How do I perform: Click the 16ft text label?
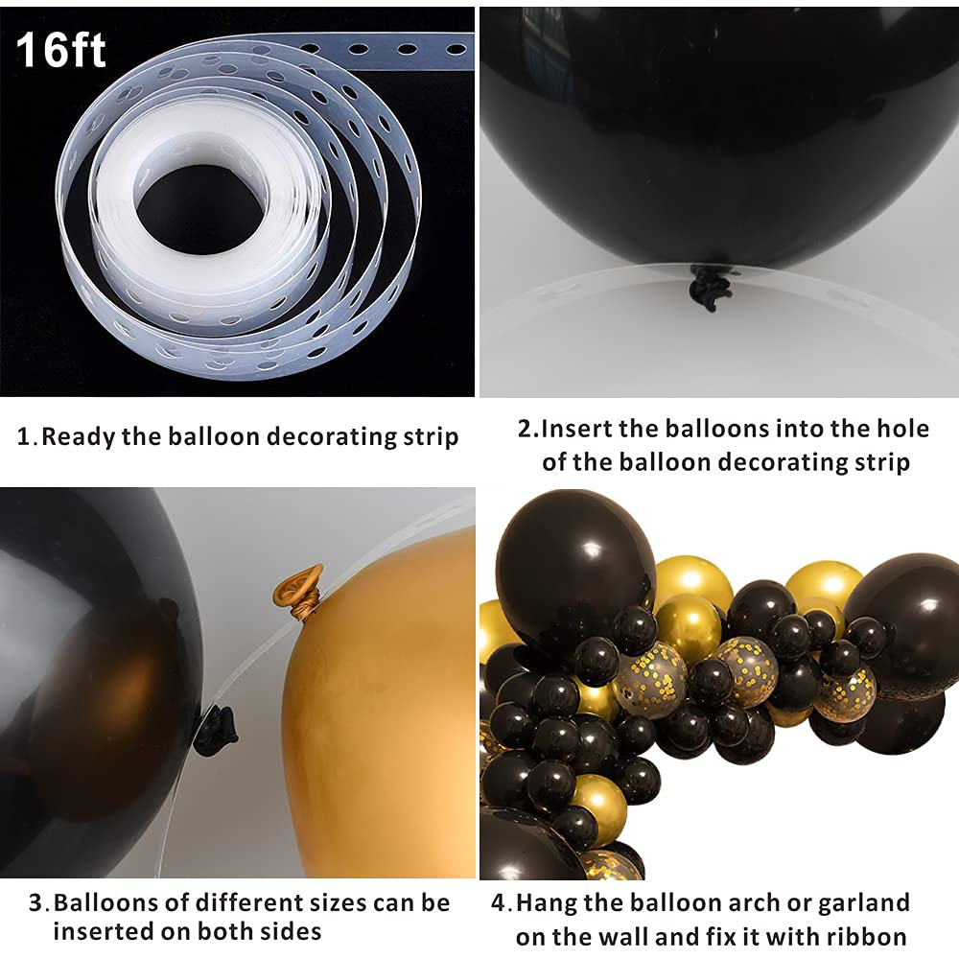click(59, 50)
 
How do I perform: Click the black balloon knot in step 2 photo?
click(710, 286)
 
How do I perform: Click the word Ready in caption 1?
click(79, 436)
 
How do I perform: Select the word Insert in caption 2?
click(576, 428)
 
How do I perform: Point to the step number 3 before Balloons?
click(35, 903)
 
